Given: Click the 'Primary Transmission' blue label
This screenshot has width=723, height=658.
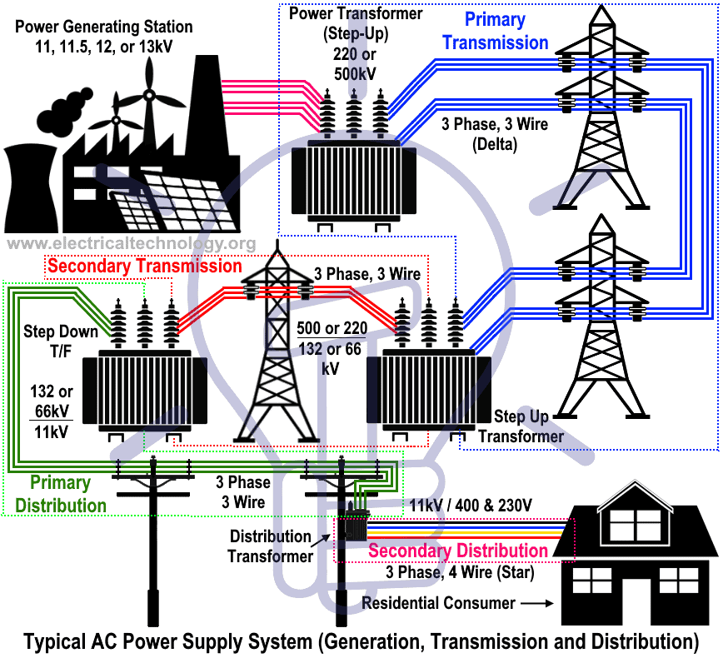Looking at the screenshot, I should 495,30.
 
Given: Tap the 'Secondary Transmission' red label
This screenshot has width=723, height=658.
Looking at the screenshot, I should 144,267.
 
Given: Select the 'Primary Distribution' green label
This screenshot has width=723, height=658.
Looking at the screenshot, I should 61,494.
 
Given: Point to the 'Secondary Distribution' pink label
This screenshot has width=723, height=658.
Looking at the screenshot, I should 457,551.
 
